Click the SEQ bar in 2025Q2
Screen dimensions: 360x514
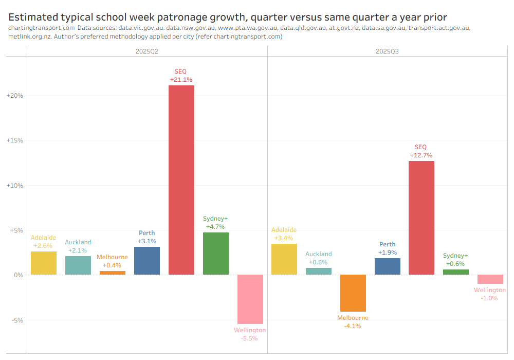181,180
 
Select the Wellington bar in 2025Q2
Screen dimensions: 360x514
250,299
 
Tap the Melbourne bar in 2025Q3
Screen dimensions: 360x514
353,293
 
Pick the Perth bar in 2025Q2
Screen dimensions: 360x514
147,261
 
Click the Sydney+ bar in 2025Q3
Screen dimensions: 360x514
456,272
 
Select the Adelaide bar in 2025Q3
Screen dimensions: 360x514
284,259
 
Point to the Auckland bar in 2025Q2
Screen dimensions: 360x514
78,265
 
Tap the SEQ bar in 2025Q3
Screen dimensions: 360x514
421,218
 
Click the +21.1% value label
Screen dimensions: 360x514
181,80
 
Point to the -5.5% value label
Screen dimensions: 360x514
250,338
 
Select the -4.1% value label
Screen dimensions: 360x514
353,326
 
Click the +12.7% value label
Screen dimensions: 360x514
421,155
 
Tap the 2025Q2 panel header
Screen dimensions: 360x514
147,51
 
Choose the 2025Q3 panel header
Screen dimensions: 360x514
388,51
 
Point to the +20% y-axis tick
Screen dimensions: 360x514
14,96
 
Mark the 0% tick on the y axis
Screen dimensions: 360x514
18,275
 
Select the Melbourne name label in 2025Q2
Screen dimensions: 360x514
113,257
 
